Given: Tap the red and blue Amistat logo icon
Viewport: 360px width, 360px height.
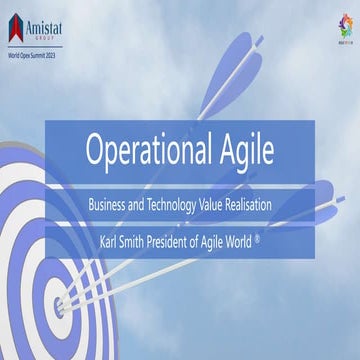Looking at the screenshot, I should pos(16,24).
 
